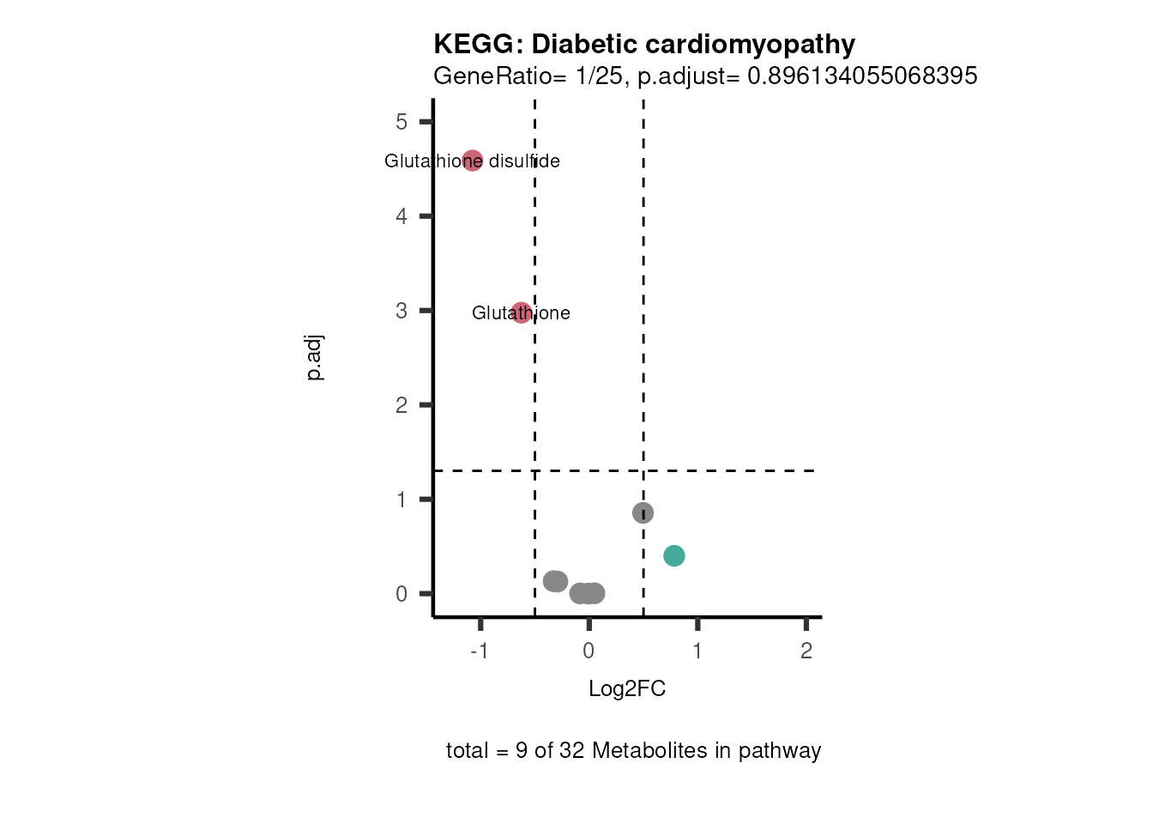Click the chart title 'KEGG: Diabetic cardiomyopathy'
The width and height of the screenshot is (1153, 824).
coord(644,45)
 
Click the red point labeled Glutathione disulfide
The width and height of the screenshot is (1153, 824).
coord(473,161)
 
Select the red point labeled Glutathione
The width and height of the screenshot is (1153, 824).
coord(521,312)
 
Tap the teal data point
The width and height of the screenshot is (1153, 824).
coord(674,556)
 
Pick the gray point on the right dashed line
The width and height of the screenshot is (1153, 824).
coord(643,512)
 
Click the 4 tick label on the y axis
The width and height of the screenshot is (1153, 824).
coord(401,216)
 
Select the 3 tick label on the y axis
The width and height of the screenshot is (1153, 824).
coord(401,311)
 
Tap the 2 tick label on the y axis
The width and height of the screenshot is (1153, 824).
coord(401,405)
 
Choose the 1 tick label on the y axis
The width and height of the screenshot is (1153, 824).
coord(401,500)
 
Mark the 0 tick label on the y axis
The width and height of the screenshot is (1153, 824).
coord(401,594)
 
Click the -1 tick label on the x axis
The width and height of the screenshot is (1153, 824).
coord(479,651)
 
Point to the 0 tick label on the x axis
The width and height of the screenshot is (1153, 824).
coord(589,651)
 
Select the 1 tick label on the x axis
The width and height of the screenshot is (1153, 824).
coord(697,651)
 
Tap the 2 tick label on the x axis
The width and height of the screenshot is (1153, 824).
coord(806,651)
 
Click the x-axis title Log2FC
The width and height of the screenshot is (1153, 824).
coord(627,689)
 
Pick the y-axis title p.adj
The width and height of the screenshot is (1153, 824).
coord(315,358)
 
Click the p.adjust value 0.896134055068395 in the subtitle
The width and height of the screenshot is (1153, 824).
coord(862,76)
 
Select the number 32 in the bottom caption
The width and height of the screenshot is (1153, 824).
coord(572,751)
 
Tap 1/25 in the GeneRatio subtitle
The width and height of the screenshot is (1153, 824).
coord(599,76)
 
